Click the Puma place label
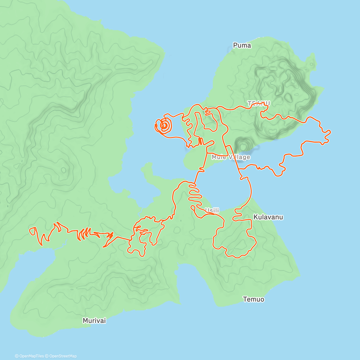(242, 45)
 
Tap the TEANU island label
(259, 103)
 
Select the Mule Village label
(231, 157)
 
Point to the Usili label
(212, 211)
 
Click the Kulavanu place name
(268, 217)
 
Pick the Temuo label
(253, 299)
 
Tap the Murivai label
(94, 321)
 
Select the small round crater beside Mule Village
(242, 145)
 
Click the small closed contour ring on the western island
(64, 170)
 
